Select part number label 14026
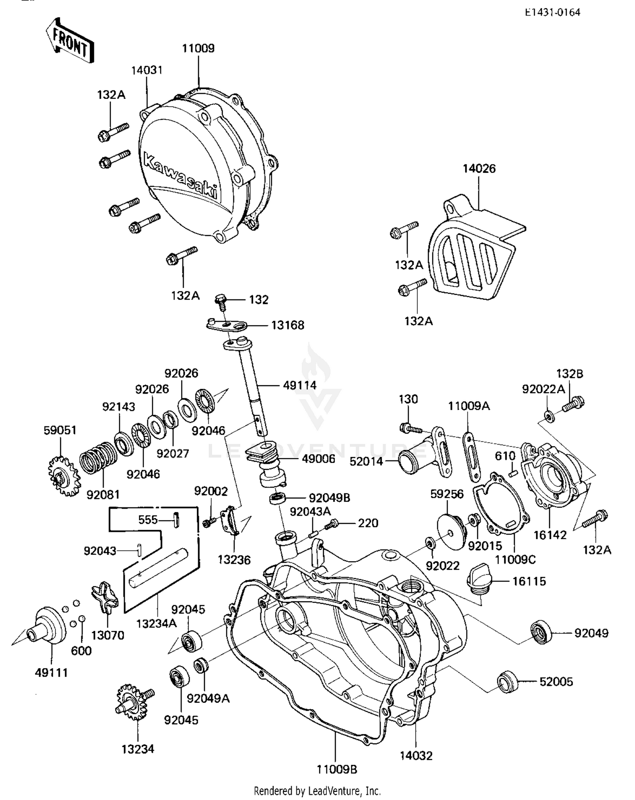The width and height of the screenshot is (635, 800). [479, 168]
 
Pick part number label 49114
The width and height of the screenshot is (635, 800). [300, 385]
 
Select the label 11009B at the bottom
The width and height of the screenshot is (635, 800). [337, 769]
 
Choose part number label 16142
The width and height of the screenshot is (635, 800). [549, 535]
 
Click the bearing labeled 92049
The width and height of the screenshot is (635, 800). [541, 633]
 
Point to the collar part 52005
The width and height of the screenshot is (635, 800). [508, 682]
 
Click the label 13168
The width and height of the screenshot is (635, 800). [287, 325]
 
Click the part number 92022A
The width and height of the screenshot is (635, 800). [543, 389]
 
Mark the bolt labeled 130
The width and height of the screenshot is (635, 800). [409, 428]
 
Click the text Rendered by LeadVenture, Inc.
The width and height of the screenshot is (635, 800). [317, 791]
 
